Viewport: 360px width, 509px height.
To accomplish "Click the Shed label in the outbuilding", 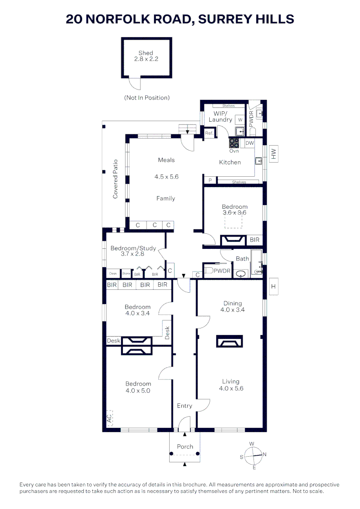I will pyautogui.click(x=146, y=53).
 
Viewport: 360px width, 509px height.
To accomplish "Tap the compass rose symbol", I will pyautogui.click(x=254, y=455).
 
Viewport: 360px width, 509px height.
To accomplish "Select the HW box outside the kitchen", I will pyautogui.click(x=273, y=154).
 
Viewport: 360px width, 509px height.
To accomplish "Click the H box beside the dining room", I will pyautogui.click(x=273, y=286).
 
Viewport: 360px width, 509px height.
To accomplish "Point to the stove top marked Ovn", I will pyautogui.click(x=234, y=143).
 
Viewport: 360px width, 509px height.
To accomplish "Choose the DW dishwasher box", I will pyautogui.click(x=250, y=143).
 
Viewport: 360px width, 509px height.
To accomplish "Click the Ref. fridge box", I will pyautogui.click(x=209, y=133).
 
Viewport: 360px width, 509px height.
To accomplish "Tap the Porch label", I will pyautogui.click(x=185, y=446).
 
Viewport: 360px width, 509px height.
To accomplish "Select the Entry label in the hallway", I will pyautogui.click(x=184, y=406).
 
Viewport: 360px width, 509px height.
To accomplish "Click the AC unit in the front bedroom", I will pyautogui.click(x=109, y=417).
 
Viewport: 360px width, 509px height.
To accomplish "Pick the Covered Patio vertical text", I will pyautogui.click(x=115, y=179).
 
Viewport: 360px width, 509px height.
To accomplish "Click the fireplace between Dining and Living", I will pyautogui.click(x=229, y=341).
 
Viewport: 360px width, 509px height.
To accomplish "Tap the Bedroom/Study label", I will pyautogui.click(x=133, y=248).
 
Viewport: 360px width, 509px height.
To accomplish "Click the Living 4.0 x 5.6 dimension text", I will pyautogui.click(x=231, y=388).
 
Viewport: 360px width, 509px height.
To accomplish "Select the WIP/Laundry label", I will pyautogui.click(x=221, y=116).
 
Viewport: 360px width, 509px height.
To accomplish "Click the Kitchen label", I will pyautogui.click(x=230, y=162).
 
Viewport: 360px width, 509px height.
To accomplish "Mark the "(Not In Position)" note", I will pyautogui.click(x=147, y=98).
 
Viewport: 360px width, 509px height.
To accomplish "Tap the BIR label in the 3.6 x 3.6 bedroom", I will pyautogui.click(x=254, y=240).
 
